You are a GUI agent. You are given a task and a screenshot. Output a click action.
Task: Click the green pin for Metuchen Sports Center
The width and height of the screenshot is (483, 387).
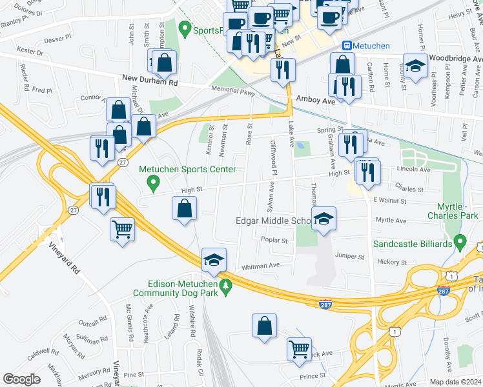click(154, 185)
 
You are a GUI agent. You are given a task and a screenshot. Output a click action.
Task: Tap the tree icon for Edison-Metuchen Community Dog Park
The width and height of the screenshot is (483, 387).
click(225, 285)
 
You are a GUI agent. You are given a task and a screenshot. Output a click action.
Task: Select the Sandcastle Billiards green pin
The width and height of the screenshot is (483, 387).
click(460, 243)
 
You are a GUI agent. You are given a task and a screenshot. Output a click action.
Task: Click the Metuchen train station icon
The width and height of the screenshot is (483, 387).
click(347, 45)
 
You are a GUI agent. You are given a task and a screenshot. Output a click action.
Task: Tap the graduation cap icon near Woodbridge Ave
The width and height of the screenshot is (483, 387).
click(415, 64)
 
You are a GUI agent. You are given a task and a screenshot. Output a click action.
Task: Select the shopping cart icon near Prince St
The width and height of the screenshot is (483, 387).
click(299, 349)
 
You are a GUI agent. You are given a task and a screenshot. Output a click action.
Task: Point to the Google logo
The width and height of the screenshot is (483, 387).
click(21, 379)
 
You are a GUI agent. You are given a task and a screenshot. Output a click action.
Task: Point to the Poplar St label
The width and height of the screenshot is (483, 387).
click(274, 240)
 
